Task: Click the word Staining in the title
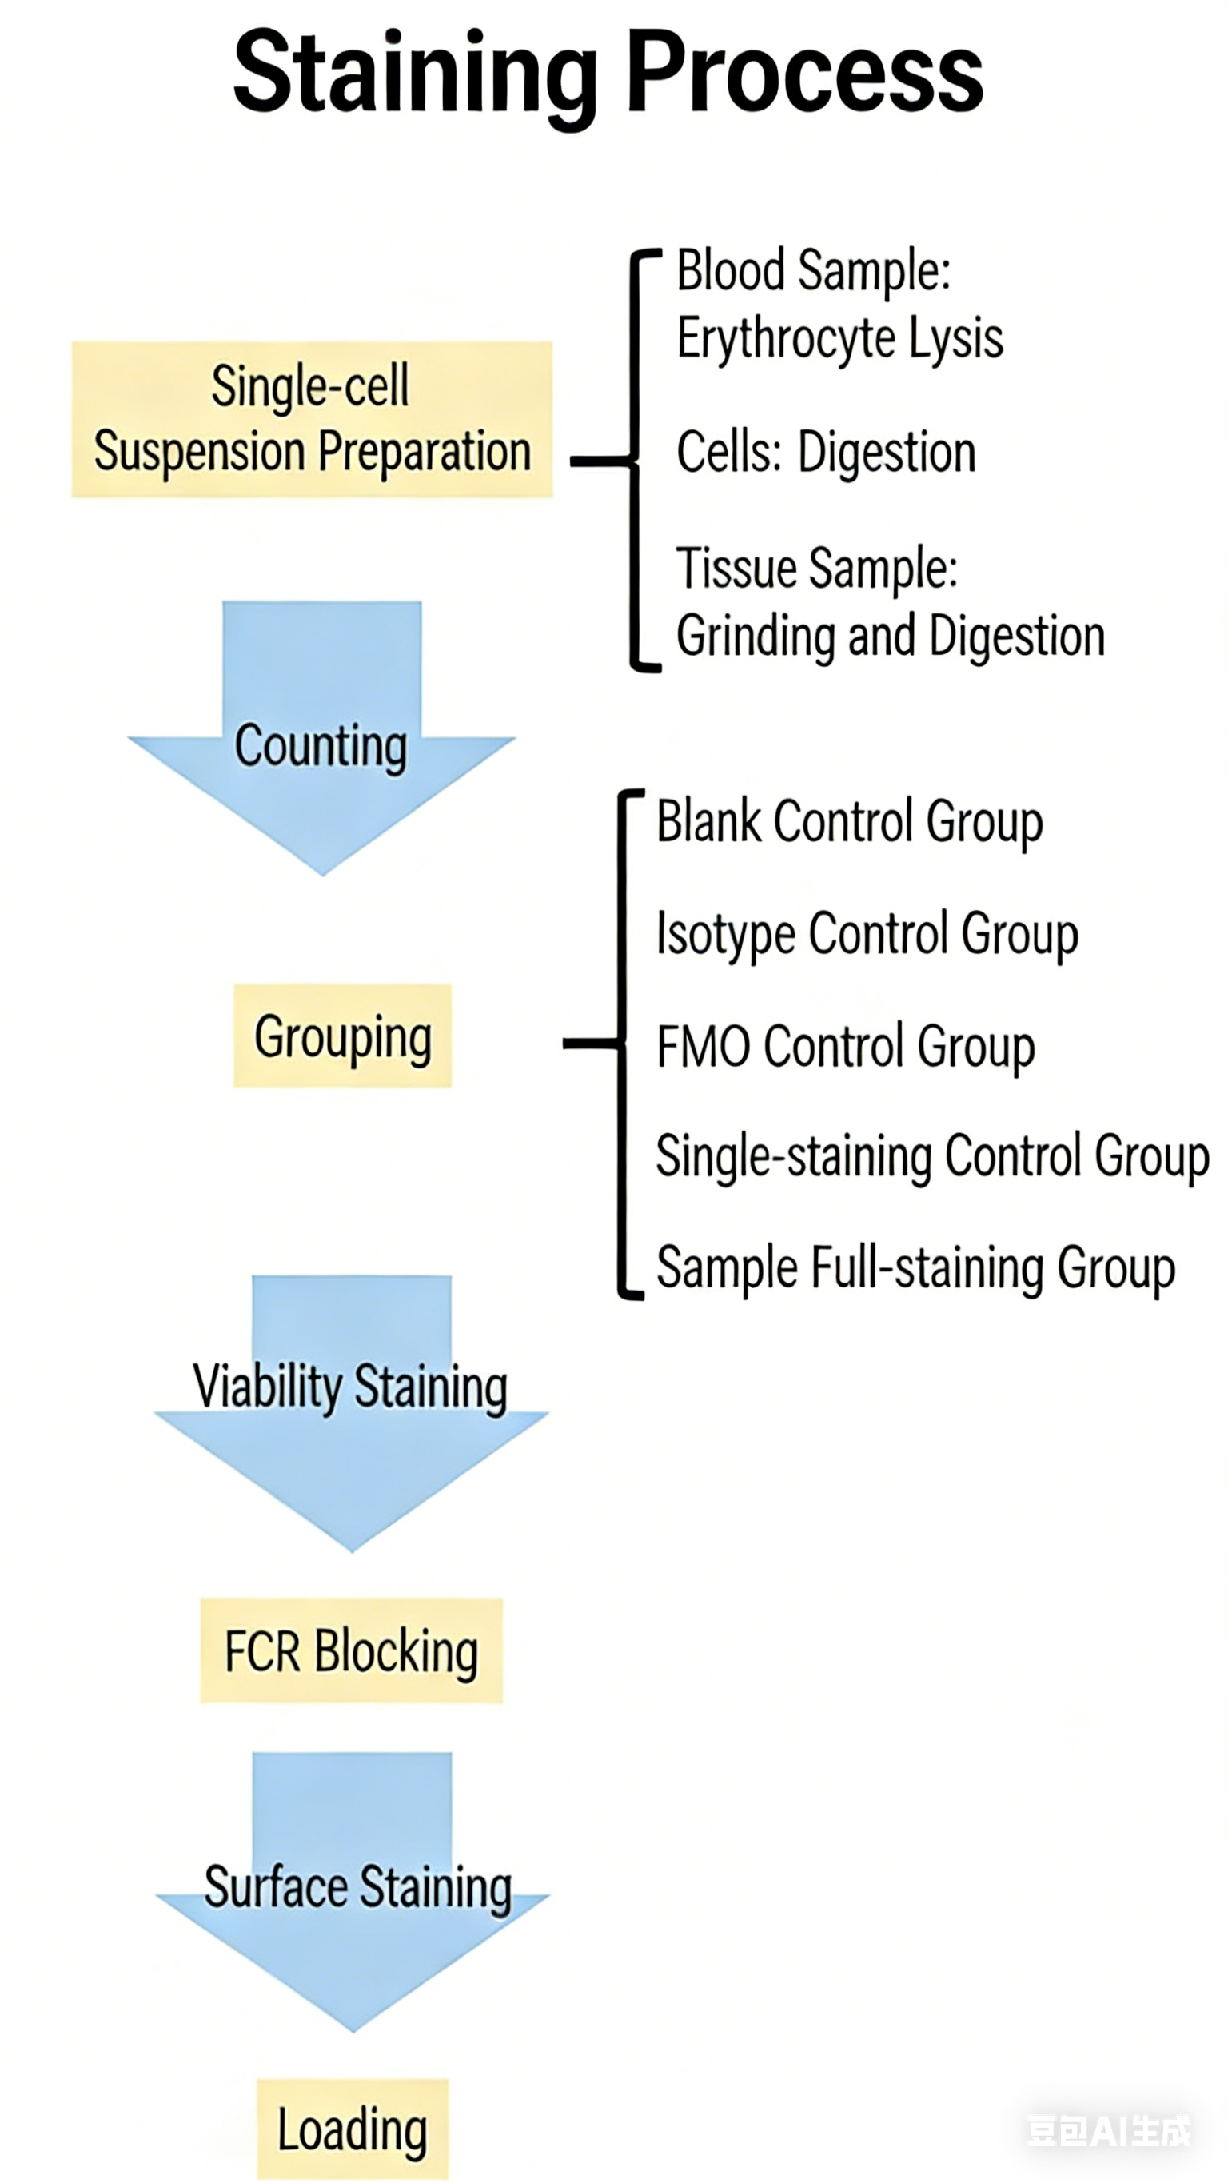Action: pyautogui.click(x=415, y=74)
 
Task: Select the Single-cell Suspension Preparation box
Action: pyautogui.click(x=312, y=420)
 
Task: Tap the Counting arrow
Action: pyautogui.click(x=321, y=746)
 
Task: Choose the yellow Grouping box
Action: pyautogui.click(x=342, y=1036)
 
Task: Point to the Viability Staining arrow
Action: pyautogui.click(x=351, y=1411)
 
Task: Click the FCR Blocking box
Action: pyautogui.click(x=351, y=1650)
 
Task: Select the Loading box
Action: pyautogui.click(x=353, y=2129)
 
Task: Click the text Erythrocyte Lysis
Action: pyautogui.click(x=839, y=337)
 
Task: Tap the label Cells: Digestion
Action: pyautogui.click(x=825, y=451)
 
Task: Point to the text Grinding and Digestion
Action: pyautogui.click(x=890, y=636)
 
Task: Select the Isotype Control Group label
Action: pyautogui.click(x=867, y=933)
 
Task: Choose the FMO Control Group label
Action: pyautogui.click(x=846, y=1046)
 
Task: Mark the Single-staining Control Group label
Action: pyautogui.click(x=932, y=1156)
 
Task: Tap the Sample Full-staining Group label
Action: pyautogui.click(x=915, y=1267)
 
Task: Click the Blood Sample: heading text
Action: pyautogui.click(x=814, y=271)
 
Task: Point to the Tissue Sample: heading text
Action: pyautogui.click(x=817, y=567)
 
